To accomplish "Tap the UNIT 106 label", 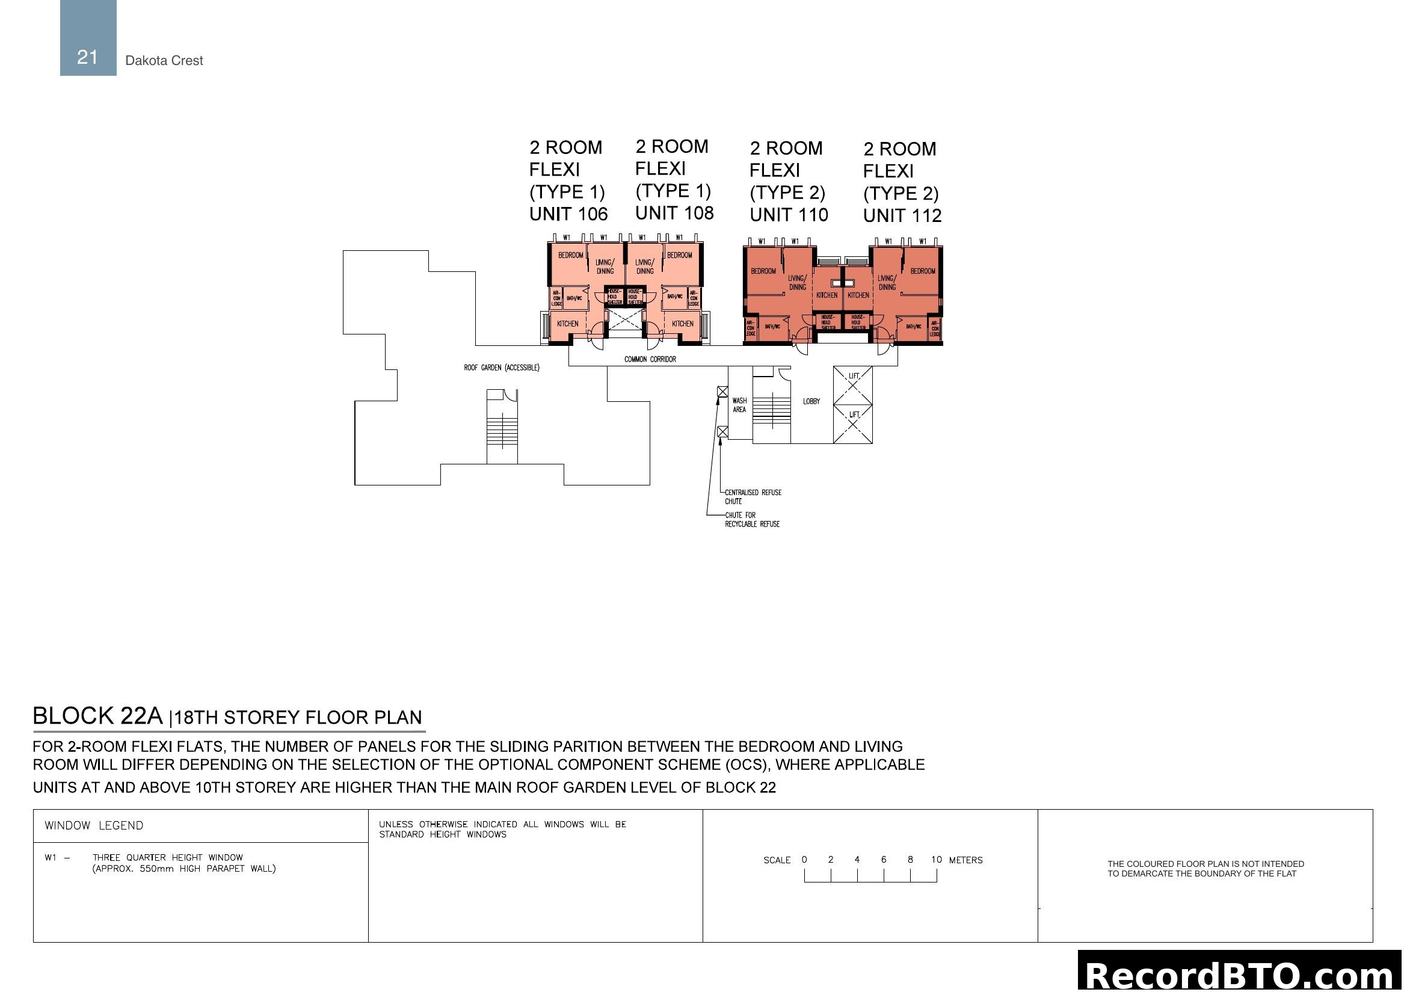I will point(568,214).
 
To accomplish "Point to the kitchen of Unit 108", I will point(682,324).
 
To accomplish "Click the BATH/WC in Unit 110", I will point(772,327).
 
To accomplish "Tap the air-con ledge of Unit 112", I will point(935,328).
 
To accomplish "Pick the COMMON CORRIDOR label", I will point(650,359).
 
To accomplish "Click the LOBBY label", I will point(811,401).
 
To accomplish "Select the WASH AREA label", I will point(739,405).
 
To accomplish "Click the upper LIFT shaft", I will point(852,385).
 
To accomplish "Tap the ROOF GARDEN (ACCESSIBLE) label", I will point(501,368).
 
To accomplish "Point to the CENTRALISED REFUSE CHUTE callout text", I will point(753,496).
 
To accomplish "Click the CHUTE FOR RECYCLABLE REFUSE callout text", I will point(751,520).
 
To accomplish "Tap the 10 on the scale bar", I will point(936,860).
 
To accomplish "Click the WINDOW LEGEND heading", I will point(94,825).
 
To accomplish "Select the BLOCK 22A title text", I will point(98,716).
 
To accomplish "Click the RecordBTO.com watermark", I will point(1242,975).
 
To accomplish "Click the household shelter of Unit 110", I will point(827,322).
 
